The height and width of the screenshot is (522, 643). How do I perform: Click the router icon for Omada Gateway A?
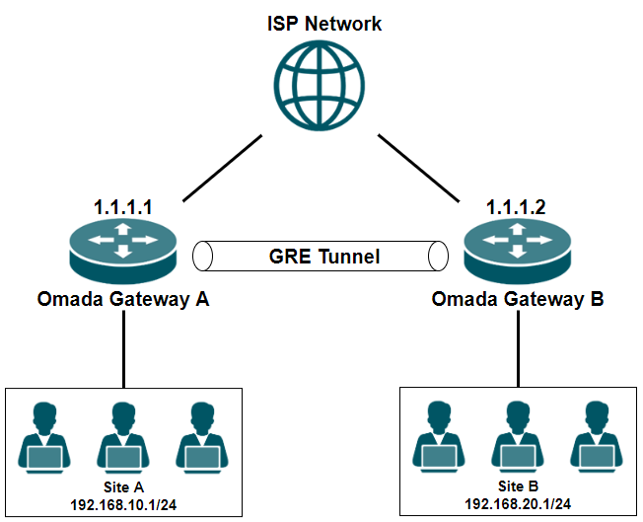(x=123, y=247)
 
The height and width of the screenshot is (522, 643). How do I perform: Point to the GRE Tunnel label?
(x=324, y=258)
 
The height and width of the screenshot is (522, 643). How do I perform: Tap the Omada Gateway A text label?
(x=123, y=299)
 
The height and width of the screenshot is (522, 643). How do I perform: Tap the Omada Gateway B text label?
(x=517, y=299)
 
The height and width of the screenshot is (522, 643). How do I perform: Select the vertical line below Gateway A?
(x=123, y=350)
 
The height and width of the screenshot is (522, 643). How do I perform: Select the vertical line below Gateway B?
(x=517, y=350)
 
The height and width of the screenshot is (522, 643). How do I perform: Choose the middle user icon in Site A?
(x=122, y=437)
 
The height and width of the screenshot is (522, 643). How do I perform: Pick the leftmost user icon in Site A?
(x=44, y=437)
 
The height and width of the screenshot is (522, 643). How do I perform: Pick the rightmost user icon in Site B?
(x=596, y=437)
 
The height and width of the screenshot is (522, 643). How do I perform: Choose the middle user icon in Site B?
(x=518, y=437)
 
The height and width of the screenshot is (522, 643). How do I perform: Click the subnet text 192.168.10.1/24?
(x=123, y=503)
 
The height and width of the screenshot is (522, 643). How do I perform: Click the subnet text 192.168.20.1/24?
(x=518, y=503)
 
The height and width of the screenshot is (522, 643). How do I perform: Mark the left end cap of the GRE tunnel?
(x=203, y=257)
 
